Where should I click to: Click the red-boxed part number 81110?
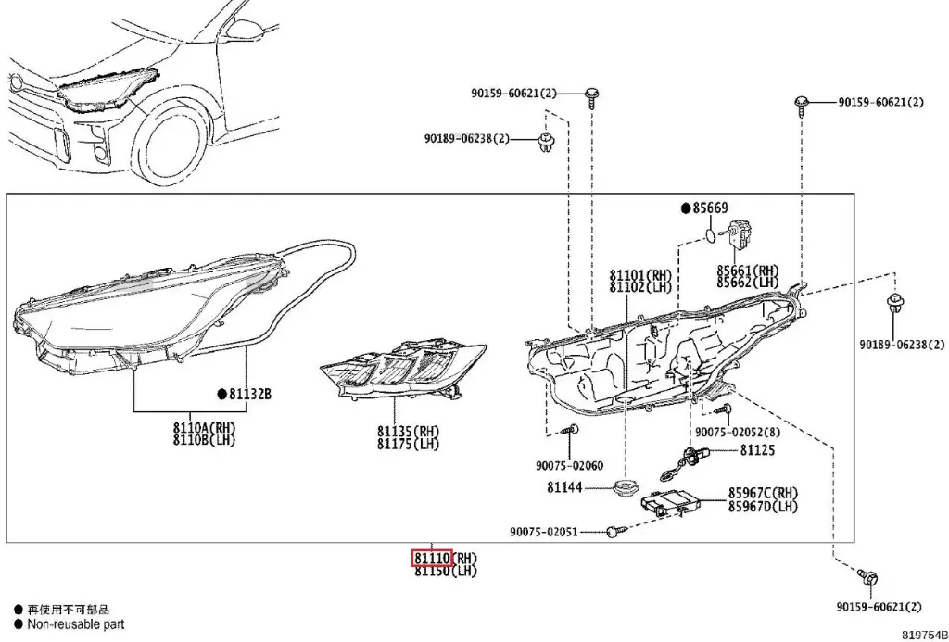click(x=432, y=559)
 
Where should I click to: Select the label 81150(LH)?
click(x=444, y=572)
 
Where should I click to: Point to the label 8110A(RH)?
click(x=205, y=427)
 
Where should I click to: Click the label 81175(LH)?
click(x=409, y=444)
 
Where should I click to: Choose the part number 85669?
click(x=711, y=208)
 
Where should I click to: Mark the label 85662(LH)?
click(x=747, y=282)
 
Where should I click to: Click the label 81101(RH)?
click(x=639, y=275)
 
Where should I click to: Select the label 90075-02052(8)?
click(x=738, y=433)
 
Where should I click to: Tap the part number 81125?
click(x=756, y=450)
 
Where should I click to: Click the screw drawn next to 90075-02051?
click(x=614, y=532)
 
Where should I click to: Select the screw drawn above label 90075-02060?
click(x=574, y=430)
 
